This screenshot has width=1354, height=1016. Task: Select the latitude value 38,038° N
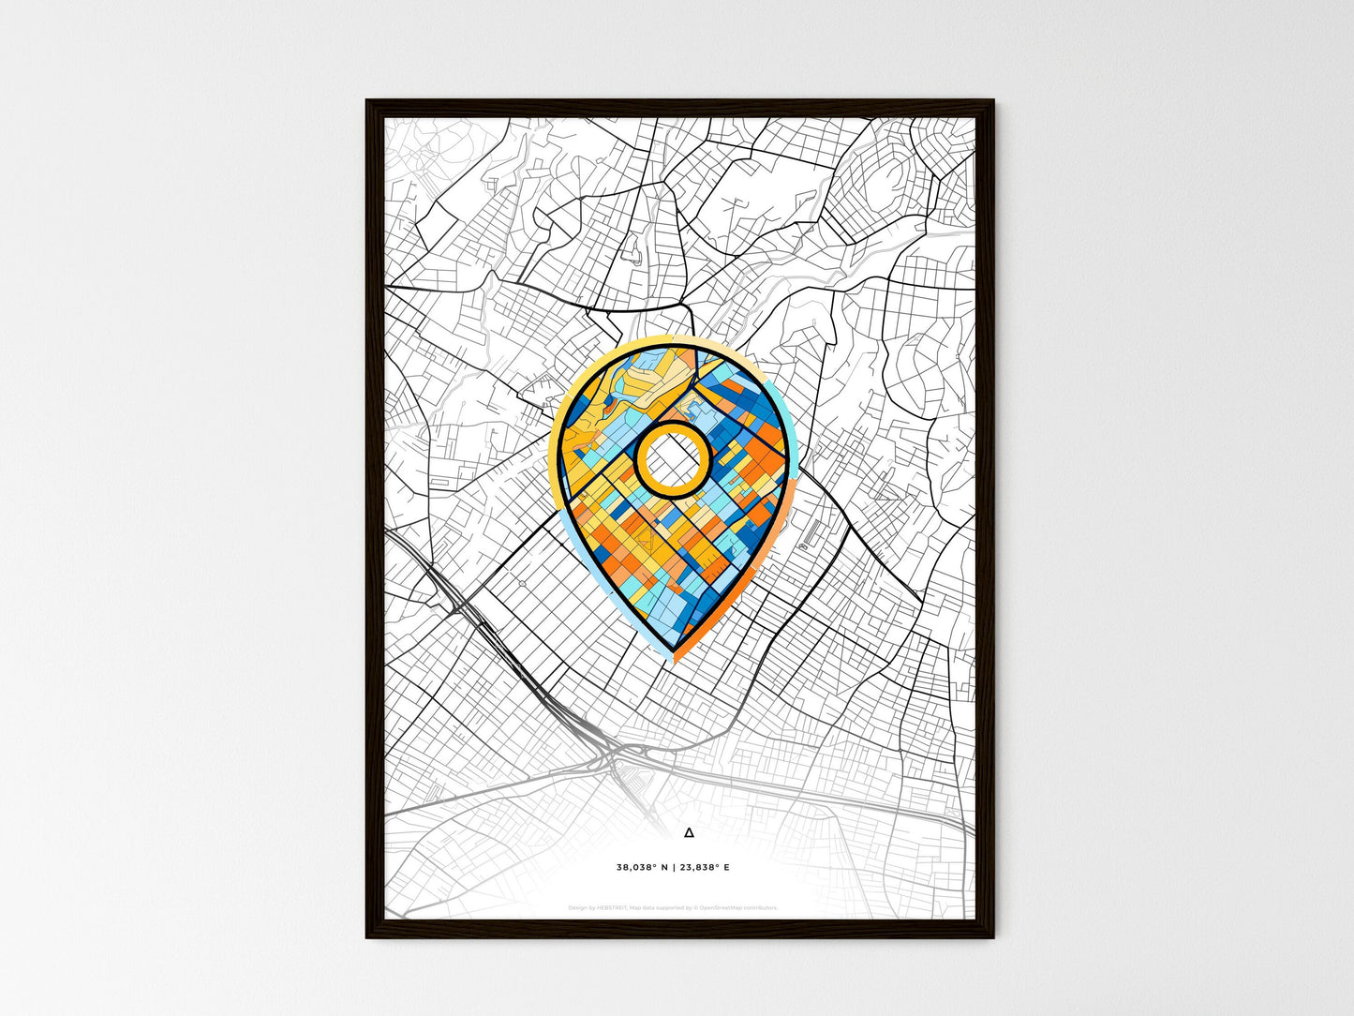tap(643, 867)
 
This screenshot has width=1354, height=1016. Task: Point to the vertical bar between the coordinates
tap(675, 867)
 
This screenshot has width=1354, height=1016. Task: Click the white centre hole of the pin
tap(672, 458)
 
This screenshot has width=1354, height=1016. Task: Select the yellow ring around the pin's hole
tap(672, 426)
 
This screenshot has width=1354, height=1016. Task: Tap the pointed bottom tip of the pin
tap(673, 650)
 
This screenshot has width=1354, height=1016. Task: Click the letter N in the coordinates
tap(665, 867)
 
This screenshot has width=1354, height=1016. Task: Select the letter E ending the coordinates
tap(726, 867)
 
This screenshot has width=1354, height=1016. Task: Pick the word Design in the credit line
tap(578, 907)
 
